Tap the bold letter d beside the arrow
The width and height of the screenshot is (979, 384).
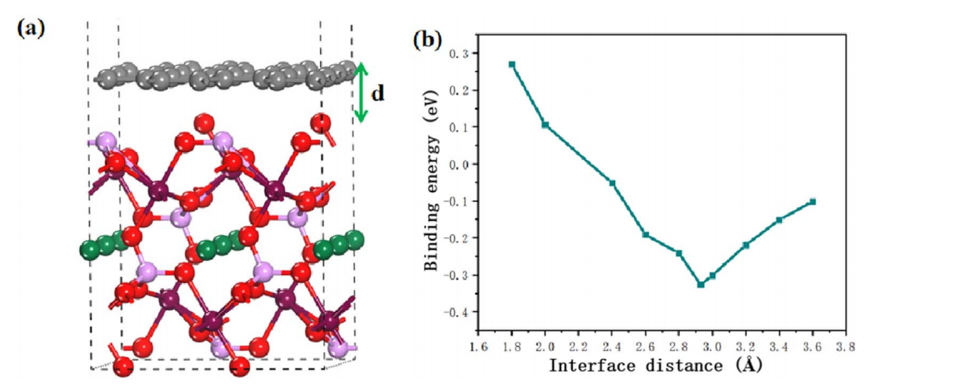378,93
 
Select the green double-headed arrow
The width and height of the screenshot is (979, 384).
361,92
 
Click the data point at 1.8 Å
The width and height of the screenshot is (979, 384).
512,64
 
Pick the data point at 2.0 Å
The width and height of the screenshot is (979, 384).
545,125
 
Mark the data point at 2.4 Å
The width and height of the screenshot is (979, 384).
612,183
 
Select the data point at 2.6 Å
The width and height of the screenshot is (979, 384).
646,234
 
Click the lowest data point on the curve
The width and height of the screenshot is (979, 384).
701,284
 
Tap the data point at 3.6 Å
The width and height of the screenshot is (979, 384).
813,201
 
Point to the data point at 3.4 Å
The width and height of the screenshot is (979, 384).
779,220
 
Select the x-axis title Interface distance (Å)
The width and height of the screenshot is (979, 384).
655,365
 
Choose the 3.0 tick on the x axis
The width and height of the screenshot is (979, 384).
712,345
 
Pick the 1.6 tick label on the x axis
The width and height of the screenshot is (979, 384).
478,345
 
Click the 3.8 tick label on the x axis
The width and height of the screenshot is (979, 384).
846,345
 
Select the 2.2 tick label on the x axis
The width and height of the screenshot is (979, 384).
578,345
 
